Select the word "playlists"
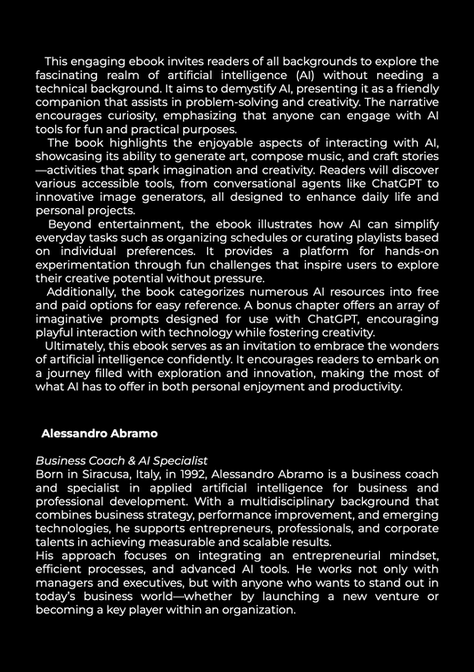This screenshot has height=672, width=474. [381, 237]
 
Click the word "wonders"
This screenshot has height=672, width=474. [411, 345]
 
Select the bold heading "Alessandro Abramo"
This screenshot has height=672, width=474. [100, 433]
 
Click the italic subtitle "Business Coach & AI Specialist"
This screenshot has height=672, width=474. [121, 460]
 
